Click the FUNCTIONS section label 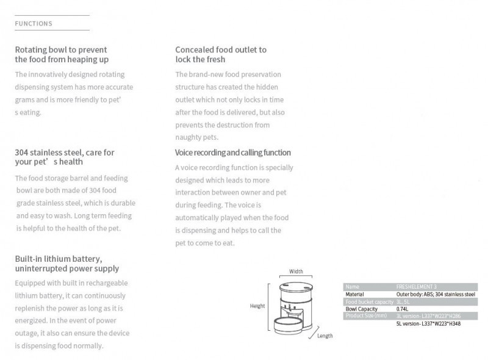coord(34,24)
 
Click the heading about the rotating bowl coord(61,54)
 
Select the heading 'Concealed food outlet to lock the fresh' coord(220,54)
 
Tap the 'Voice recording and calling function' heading coord(232,153)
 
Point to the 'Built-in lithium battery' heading coord(66,264)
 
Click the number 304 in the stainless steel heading coord(23,152)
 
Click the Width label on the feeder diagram coord(296,272)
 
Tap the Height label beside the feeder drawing coord(257,306)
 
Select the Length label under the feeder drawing coord(325,336)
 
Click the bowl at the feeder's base coord(292,323)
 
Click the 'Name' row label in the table coord(352,286)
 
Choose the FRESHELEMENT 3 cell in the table coord(417,286)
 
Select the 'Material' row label coord(354,294)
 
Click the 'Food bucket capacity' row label coord(368,301)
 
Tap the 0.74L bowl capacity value coord(403,309)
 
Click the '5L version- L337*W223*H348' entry coord(428,323)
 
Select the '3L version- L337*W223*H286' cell coord(428,316)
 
